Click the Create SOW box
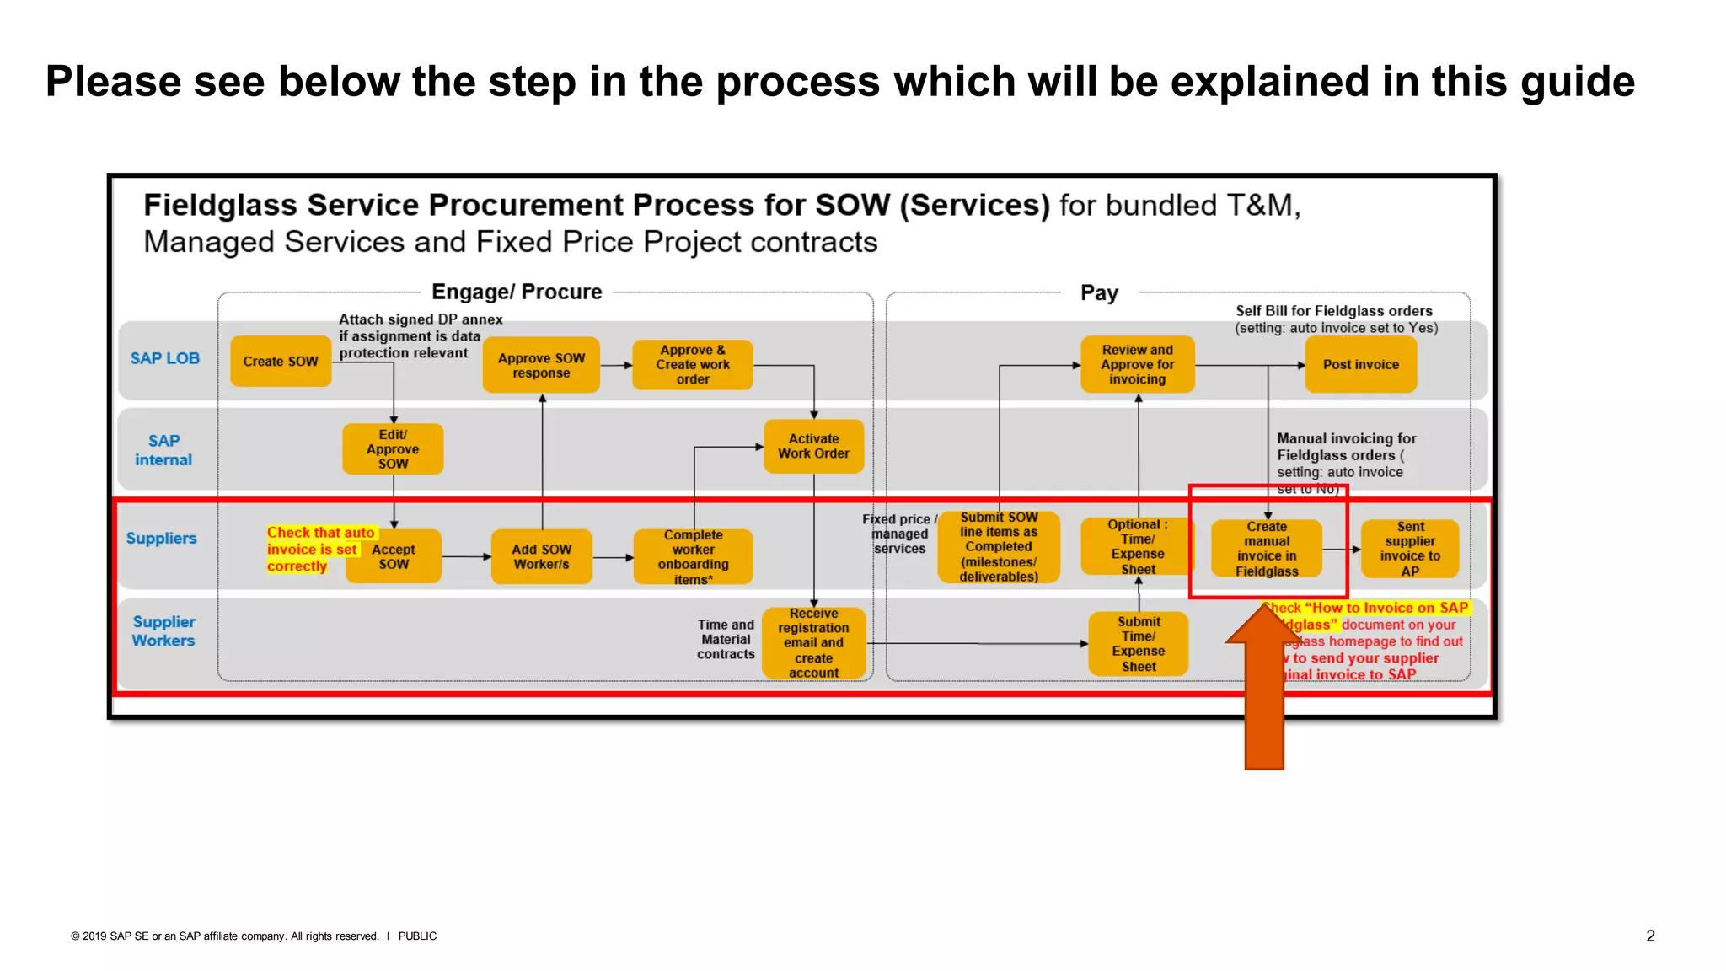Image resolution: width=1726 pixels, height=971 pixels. click(x=281, y=361)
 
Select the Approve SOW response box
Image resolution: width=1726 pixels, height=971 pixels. click(x=541, y=365)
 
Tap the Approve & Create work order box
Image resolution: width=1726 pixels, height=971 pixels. click(x=693, y=364)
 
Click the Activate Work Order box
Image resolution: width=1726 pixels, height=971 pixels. click(x=813, y=446)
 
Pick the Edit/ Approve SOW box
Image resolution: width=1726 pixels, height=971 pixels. click(x=393, y=448)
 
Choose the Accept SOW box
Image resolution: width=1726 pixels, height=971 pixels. click(x=394, y=556)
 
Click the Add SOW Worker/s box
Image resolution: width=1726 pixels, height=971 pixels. click(x=541, y=556)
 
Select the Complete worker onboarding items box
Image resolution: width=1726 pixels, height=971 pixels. click(x=693, y=556)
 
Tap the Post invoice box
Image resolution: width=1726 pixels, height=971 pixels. click(x=1360, y=364)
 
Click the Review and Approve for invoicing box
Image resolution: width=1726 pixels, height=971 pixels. click(x=1137, y=364)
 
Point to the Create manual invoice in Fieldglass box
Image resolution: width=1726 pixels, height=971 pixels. click(x=1266, y=548)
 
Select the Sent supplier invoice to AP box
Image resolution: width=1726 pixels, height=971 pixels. click(x=1410, y=548)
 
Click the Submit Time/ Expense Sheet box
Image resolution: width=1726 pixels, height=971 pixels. click(x=1138, y=643)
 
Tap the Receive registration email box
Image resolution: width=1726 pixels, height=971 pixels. click(x=813, y=642)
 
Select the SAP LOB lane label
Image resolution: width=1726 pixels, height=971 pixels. click(x=165, y=358)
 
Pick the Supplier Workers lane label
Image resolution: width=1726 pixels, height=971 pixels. click(x=163, y=630)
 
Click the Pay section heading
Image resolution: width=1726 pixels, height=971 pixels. click(x=1099, y=292)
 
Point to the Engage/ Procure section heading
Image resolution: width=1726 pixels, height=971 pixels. click(x=517, y=292)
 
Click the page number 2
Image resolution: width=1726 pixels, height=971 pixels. click(x=1650, y=936)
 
